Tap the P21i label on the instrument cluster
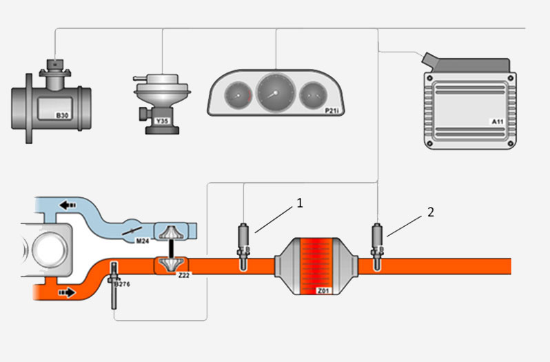pyautogui.click(x=335, y=109)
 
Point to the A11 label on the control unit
pyautogui.click(x=498, y=121)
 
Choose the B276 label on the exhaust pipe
pyautogui.click(x=122, y=283)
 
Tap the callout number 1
pyautogui.click(x=300, y=202)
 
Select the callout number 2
pyautogui.click(x=431, y=212)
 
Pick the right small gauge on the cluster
pyautogui.click(x=314, y=94)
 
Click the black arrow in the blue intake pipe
pyautogui.click(x=68, y=205)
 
